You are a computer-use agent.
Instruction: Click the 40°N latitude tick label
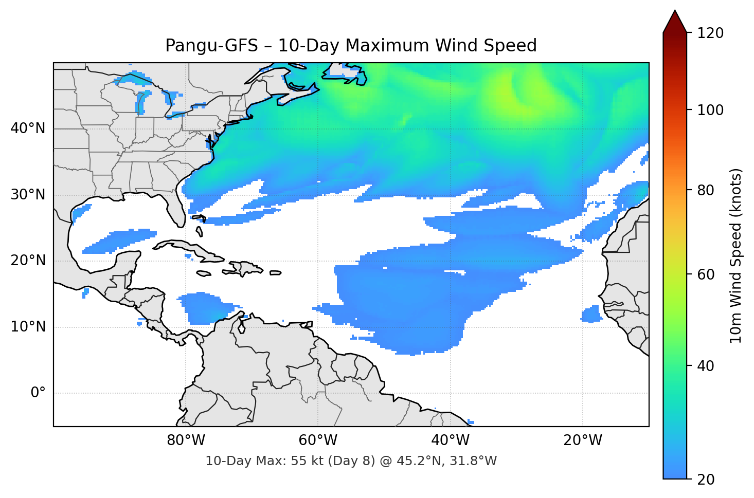coord(28,128)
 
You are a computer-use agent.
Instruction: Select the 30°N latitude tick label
coord(28,195)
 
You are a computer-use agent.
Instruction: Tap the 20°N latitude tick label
coord(28,261)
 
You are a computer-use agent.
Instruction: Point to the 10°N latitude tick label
coord(28,327)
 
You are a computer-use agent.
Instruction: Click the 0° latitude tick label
coord(38,393)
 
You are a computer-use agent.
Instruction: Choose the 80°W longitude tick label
coord(186,440)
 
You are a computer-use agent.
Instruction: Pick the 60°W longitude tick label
coord(318,440)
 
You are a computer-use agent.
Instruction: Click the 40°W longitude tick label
coord(450,440)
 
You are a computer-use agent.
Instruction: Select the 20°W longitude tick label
coord(582,440)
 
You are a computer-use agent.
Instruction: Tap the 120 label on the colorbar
coord(710,33)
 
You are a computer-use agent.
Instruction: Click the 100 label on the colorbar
coord(710,110)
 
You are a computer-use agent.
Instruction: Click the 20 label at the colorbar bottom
coord(706,479)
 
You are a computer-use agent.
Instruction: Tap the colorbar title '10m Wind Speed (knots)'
coord(736,255)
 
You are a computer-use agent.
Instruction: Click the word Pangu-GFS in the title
coord(211,46)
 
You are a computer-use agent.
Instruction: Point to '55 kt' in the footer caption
coord(304,461)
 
